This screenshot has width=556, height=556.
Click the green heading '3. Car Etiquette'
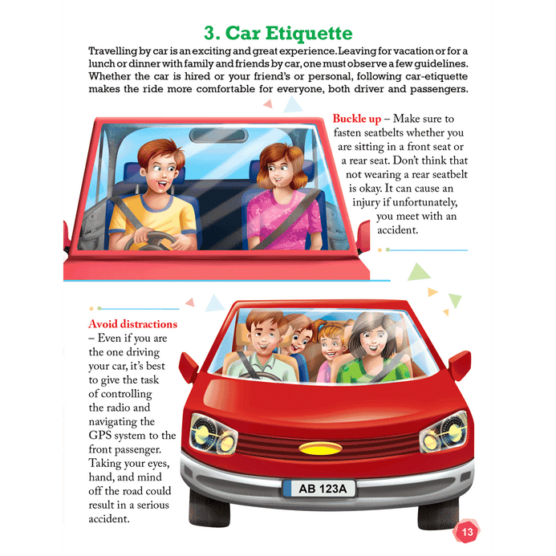click(x=278, y=34)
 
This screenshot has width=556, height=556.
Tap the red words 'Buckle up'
click(x=357, y=119)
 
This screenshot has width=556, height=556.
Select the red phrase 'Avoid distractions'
click(x=132, y=324)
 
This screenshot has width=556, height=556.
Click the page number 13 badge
click(x=466, y=531)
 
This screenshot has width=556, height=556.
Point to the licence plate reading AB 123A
click(x=319, y=489)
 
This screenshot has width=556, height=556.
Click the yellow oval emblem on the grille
click(x=320, y=448)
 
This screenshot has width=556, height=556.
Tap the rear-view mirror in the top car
click(x=218, y=136)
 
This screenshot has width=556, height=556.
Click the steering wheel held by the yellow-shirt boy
click(x=151, y=241)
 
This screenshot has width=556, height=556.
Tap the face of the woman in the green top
click(x=372, y=340)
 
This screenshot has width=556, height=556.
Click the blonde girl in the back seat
click(x=329, y=351)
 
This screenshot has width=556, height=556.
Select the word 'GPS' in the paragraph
click(x=99, y=436)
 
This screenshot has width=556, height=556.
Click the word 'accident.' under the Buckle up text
click(x=397, y=230)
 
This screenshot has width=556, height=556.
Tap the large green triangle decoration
click(x=419, y=272)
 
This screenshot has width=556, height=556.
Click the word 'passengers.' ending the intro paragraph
click(x=439, y=89)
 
